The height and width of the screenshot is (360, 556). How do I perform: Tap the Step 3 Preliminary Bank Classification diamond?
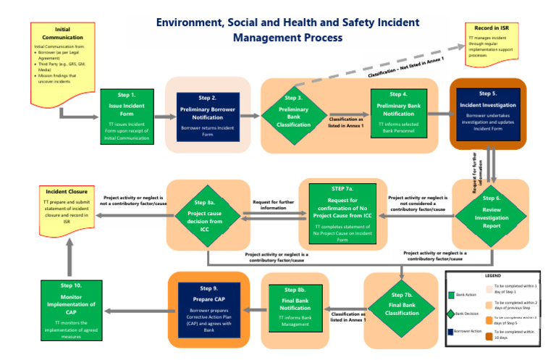click(294, 115)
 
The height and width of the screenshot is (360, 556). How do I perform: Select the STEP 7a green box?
click(343, 214)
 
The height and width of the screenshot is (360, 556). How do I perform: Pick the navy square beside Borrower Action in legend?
click(450, 331)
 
